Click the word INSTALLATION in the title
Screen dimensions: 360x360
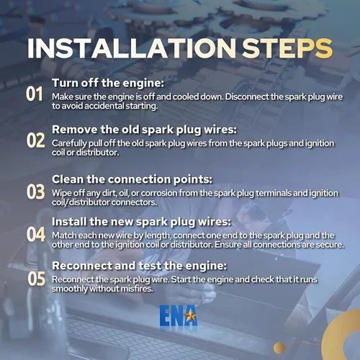point(132,48)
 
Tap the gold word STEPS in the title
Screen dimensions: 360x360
point(287,48)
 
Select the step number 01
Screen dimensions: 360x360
point(35,94)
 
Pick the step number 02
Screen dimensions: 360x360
point(35,140)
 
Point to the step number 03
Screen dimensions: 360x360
point(35,192)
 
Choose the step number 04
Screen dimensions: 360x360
point(36,234)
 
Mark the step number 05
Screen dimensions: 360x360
point(36,279)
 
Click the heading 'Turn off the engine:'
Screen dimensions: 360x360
point(108,84)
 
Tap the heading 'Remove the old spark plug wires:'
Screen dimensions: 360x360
point(144,130)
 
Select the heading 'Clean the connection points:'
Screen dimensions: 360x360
point(132,179)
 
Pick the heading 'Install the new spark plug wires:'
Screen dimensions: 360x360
point(141,222)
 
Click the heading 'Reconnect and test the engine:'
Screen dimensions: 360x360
point(139,266)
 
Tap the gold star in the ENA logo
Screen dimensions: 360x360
point(191,315)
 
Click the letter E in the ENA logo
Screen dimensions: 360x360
point(165,315)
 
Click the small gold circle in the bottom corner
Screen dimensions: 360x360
point(279,348)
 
